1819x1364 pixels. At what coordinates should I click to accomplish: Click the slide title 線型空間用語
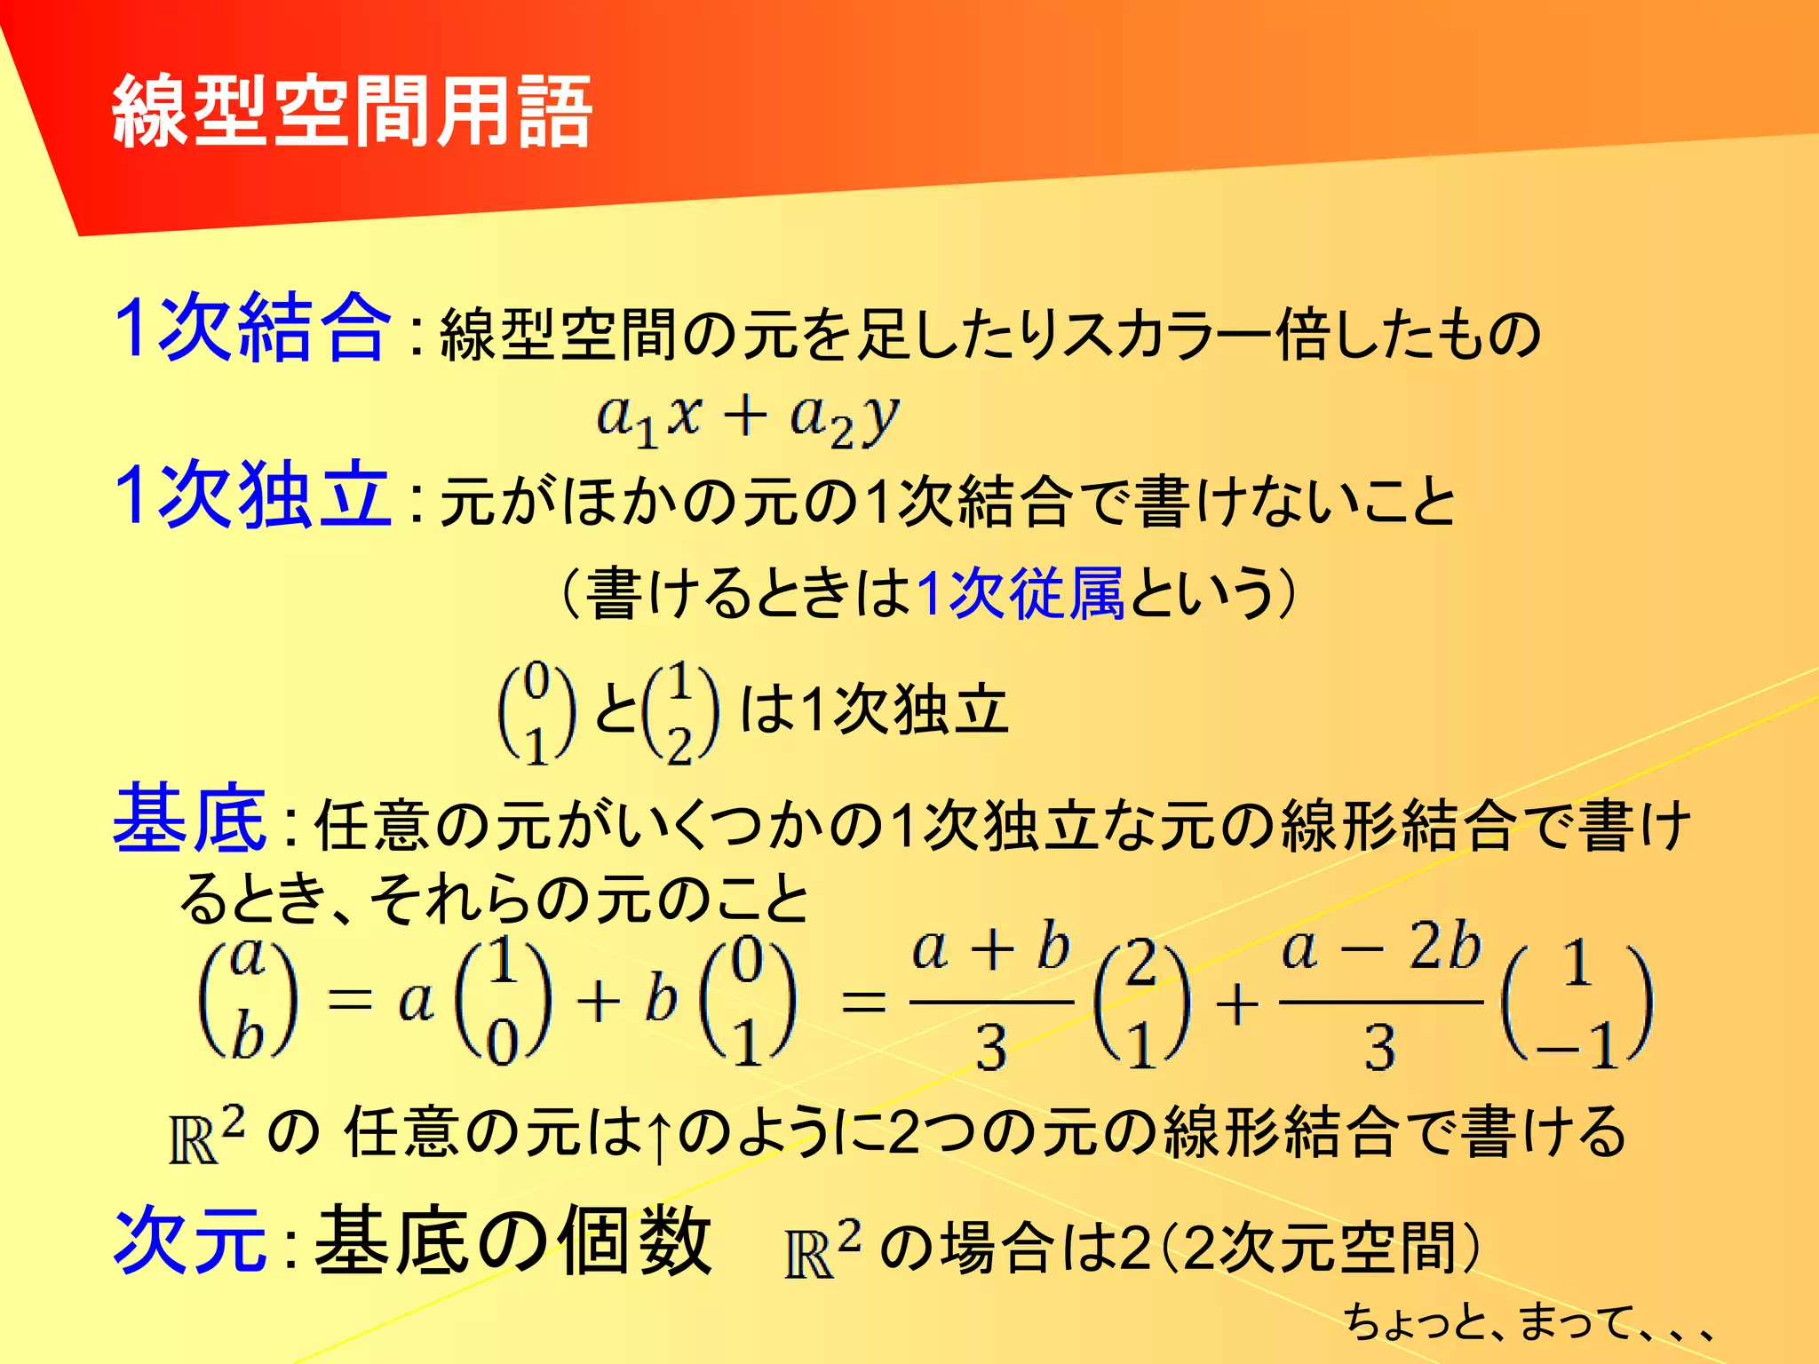point(352,111)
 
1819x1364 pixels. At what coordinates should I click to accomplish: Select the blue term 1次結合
point(252,328)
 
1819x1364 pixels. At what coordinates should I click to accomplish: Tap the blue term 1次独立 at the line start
point(252,495)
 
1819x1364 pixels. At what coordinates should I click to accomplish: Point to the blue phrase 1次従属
point(1020,593)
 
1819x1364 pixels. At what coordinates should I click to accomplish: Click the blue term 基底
point(189,818)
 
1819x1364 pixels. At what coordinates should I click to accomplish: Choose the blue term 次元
point(189,1240)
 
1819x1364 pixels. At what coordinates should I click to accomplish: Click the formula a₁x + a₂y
point(748,417)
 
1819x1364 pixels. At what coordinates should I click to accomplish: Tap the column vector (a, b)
point(247,999)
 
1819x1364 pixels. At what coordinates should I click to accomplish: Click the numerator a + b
point(991,948)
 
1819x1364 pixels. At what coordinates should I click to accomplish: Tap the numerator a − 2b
point(1381,948)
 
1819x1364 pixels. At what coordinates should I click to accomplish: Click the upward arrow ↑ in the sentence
point(657,1137)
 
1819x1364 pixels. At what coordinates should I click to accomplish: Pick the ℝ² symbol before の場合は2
point(822,1250)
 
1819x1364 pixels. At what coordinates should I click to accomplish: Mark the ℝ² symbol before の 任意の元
point(206,1137)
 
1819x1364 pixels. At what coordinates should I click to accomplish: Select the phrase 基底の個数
point(513,1240)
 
